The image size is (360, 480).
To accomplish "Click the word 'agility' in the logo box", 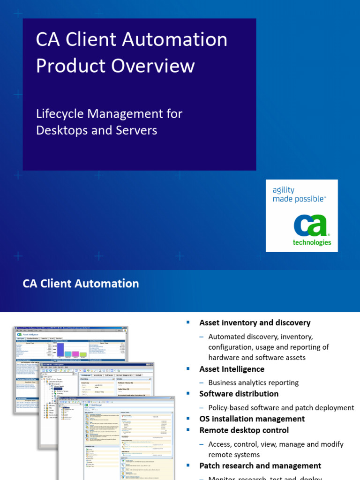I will click(x=284, y=190).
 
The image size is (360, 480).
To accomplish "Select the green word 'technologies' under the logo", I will click(x=312, y=242).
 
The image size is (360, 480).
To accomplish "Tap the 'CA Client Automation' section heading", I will click(x=81, y=284).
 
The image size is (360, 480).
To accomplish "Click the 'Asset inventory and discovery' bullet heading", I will click(x=255, y=322).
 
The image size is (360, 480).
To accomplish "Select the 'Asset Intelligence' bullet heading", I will click(x=232, y=369).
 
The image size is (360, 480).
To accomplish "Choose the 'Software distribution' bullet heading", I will click(x=239, y=394).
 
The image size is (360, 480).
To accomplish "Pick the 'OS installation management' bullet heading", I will click(x=252, y=419).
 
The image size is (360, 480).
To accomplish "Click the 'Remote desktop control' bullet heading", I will click(x=244, y=430).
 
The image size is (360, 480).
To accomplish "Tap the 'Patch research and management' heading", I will click(x=260, y=465).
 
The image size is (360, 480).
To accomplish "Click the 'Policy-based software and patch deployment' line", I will click(x=281, y=407).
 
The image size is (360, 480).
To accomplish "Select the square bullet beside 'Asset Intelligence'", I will click(x=188, y=369).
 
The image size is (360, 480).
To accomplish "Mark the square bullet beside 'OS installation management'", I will click(x=188, y=419).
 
